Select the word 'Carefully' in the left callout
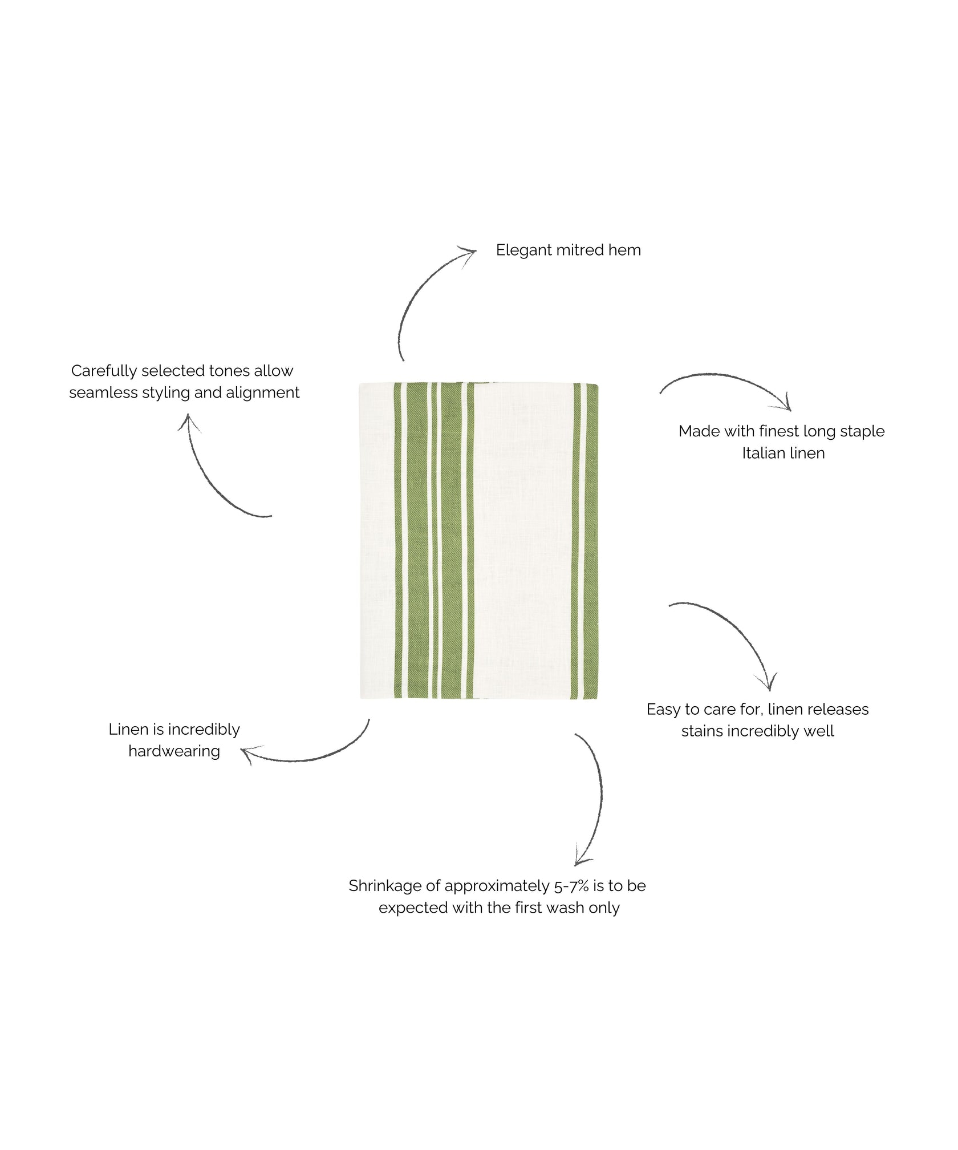pyautogui.click(x=104, y=372)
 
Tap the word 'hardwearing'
pyautogui.click(x=174, y=752)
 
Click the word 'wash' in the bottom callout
pyautogui.click(x=567, y=908)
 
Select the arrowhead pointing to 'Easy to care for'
pyautogui.click(x=768, y=683)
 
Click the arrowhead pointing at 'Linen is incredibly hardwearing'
pyautogui.click(x=249, y=754)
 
